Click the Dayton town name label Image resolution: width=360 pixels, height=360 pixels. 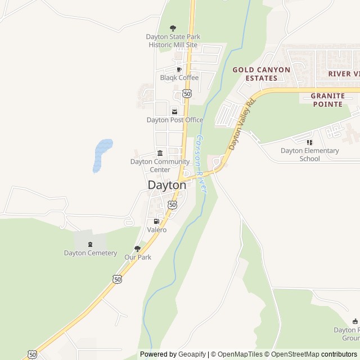(166, 184)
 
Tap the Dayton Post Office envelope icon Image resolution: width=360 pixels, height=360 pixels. (174, 111)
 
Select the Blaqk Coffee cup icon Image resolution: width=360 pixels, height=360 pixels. (179, 69)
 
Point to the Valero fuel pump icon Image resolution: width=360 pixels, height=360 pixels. (156, 221)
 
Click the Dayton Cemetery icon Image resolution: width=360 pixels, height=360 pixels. (90, 244)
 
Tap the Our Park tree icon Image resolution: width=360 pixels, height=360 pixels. (137, 249)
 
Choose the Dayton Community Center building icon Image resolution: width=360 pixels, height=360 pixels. (160, 153)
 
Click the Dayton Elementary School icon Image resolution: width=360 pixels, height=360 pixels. (309, 142)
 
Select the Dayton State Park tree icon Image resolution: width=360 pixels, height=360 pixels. (173, 28)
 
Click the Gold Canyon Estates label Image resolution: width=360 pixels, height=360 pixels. (262, 74)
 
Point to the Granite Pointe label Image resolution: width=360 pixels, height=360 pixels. (327, 100)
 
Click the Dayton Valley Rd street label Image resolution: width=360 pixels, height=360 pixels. (242, 124)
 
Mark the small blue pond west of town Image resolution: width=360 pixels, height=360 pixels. (102, 154)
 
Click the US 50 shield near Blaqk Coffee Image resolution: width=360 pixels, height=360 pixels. (187, 93)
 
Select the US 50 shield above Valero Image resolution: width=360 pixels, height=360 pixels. (172, 205)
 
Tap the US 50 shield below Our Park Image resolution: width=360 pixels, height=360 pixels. (117, 279)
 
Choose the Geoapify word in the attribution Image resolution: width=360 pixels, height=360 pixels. (192, 354)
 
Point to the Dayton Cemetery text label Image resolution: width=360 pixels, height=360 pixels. (90, 253)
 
